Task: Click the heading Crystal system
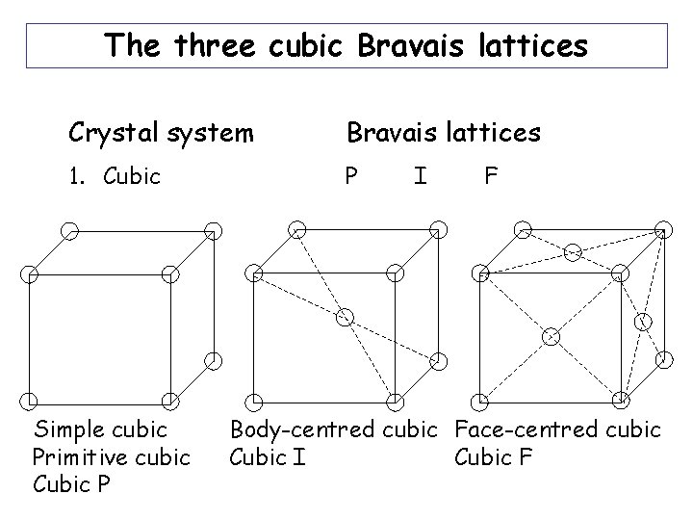coord(161,132)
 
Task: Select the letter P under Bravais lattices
coord(352,177)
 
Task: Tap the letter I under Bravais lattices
coord(420,177)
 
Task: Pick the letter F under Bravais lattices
coord(491,177)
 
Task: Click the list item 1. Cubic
coord(115,177)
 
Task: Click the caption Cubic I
coord(269,455)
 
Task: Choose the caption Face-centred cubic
coord(557,429)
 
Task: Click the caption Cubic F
coord(493,455)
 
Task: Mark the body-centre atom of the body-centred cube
coord(346,316)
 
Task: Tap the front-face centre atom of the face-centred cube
coord(552,336)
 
